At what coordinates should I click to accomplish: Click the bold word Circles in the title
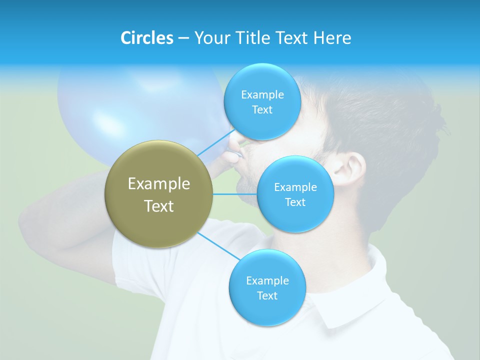click(x=146, y=38)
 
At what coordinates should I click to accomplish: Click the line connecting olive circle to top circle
click(x=215, y=142)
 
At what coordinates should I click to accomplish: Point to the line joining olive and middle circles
click(x=235, y=194)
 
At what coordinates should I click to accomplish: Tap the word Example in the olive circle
click(x=159, y=184)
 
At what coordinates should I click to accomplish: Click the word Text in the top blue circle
click(x=262, y=110)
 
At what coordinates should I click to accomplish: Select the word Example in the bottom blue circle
click(x=267, y=280)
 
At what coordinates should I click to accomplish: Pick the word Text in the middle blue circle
click(x=295, y=202)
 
